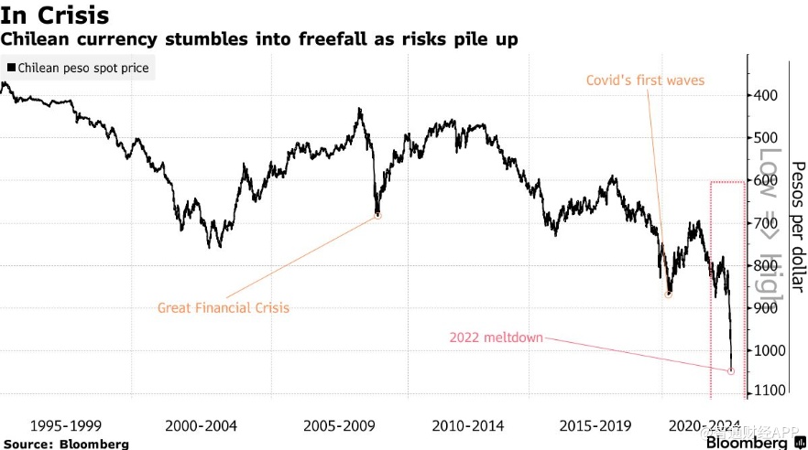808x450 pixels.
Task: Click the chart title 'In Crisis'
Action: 55,16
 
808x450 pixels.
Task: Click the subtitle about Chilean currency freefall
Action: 259,40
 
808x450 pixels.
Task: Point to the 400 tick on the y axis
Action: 767,96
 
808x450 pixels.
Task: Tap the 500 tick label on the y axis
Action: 767,138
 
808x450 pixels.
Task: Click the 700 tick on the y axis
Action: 767,223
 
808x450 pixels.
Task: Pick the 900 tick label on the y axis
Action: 767,308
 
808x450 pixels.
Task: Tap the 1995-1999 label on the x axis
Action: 65,425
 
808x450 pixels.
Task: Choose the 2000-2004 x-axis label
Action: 201,425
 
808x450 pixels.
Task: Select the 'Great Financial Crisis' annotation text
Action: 224,308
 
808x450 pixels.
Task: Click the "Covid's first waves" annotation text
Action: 645,80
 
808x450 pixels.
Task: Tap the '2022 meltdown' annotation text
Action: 496,337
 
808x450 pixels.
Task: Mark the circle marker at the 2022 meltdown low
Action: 731,371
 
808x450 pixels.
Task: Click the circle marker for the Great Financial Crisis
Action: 377,216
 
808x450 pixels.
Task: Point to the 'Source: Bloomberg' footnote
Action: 65,444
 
